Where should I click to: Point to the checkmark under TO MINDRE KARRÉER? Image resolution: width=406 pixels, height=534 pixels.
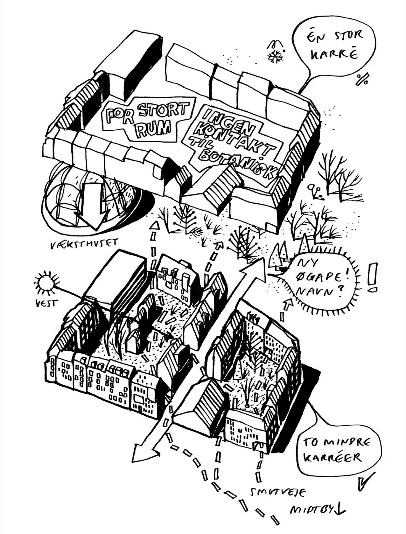[366, 482]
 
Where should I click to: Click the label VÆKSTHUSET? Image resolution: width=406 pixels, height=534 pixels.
[84, 244]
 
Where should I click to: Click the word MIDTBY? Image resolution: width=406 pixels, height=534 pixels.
[311, 510]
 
